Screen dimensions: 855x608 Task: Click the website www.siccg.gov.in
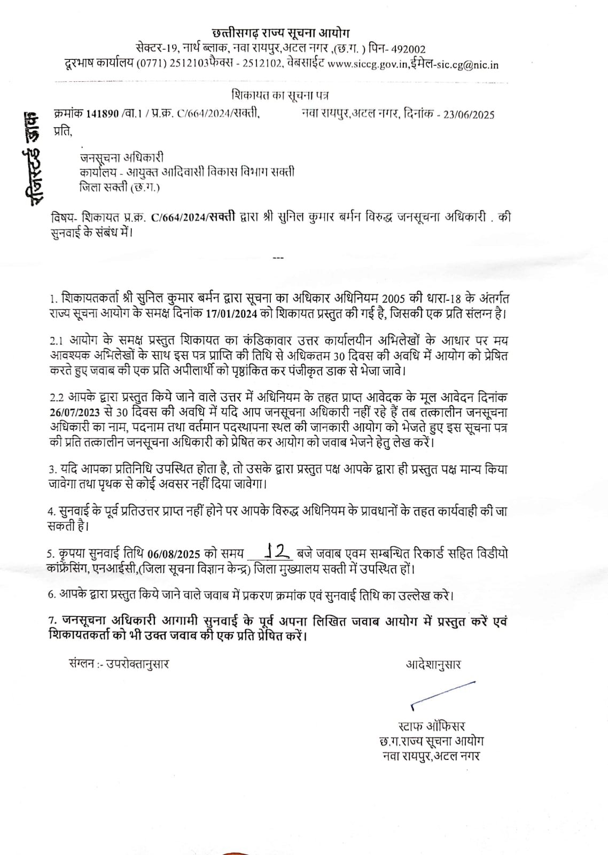(x=368, y=65)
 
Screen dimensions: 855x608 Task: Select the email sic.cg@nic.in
(x=470, y=65)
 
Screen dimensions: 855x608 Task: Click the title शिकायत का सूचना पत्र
(x=280, y=96)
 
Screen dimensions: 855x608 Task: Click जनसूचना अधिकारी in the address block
(x=121, y=158)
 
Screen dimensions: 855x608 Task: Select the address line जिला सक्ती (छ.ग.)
(x=119, y=187)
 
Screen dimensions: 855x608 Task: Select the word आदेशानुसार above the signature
(x=433, y=664)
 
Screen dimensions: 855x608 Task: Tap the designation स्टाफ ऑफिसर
(x=432, y=726)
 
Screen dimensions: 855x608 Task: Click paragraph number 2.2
(x=57, y=398)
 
